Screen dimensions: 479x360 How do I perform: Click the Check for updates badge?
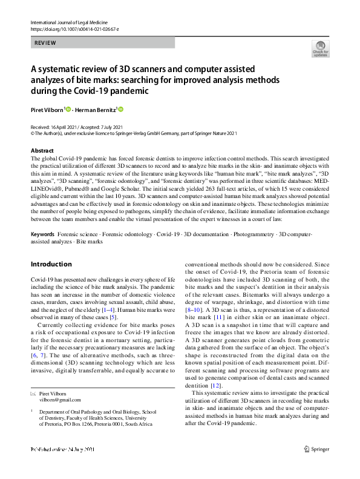tap(320, 48)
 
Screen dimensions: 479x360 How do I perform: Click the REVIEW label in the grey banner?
tap(46, 43)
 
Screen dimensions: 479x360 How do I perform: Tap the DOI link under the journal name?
tap(74, 29)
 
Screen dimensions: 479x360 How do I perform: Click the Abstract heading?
tap(42, 150)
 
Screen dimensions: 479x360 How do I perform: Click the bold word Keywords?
tap(42, 234)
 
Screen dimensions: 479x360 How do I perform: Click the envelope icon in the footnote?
tap(33, 393)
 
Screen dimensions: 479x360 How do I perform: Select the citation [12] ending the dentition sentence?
tap(215, 385)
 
